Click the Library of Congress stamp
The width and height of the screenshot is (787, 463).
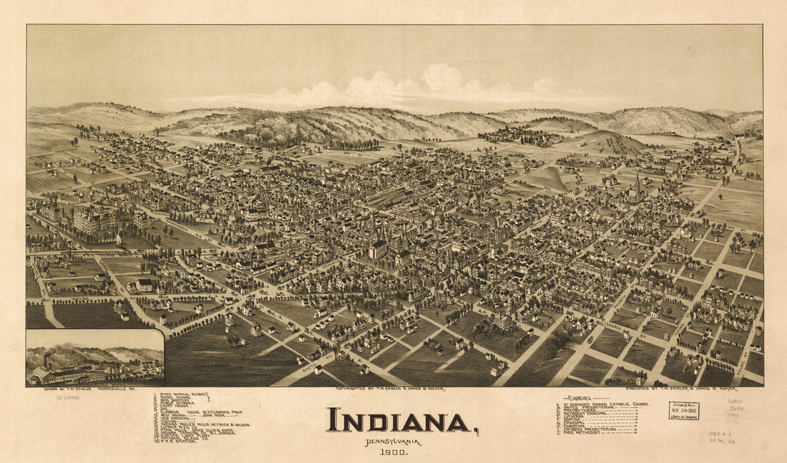(684, 410)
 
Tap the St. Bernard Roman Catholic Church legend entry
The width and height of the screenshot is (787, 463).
(602, 404)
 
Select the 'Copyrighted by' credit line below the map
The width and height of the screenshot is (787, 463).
(390, 389)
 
